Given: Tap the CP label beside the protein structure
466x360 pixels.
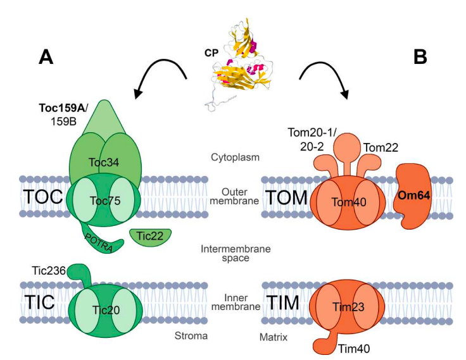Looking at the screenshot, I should pyautogui.click(x=211, y=54).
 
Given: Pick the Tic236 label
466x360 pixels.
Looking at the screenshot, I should pyautogui.click(x=48, y=271).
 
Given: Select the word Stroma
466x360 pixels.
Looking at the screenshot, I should pyautogui.click(x=192, y=335).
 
